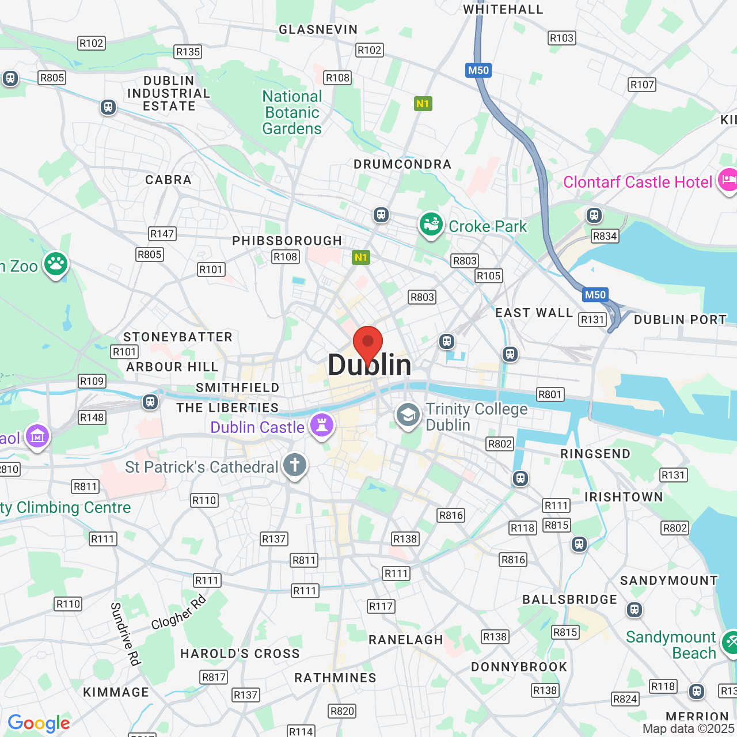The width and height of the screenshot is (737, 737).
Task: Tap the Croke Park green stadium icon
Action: tap(431, 225)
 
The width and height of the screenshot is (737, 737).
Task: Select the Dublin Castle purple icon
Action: tap(322, 426)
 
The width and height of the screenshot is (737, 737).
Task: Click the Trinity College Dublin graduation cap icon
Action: tap(408, 415)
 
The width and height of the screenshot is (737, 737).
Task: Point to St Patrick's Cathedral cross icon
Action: tap(295, 465)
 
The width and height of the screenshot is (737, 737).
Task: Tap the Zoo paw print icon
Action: tap(56, 264)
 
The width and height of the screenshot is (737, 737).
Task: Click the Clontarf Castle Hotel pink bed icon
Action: tap(728, 181)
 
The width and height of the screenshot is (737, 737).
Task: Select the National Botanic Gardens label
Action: tap(292, 112)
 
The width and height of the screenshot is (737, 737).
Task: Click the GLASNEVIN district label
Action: tap(318, 29)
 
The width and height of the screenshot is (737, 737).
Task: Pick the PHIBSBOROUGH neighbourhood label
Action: tap(287, 241)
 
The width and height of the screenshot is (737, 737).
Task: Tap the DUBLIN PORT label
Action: tap(680, 320)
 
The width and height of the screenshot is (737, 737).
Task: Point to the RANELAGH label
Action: tap(405, 640)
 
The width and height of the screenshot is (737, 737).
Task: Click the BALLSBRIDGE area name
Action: tap(569, 599)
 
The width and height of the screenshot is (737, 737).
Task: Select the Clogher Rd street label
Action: tap(178, 613)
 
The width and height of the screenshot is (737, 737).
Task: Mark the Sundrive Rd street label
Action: tap(125, 634)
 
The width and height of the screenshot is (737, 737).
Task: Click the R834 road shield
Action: tap(605, 236)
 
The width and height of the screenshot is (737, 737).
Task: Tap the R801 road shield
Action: tap(550, 394)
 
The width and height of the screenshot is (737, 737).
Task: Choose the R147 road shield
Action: tap(162, 234)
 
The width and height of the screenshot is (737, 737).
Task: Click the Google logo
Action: tap(39, 723)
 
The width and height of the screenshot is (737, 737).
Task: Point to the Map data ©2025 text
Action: tap(689, 728)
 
